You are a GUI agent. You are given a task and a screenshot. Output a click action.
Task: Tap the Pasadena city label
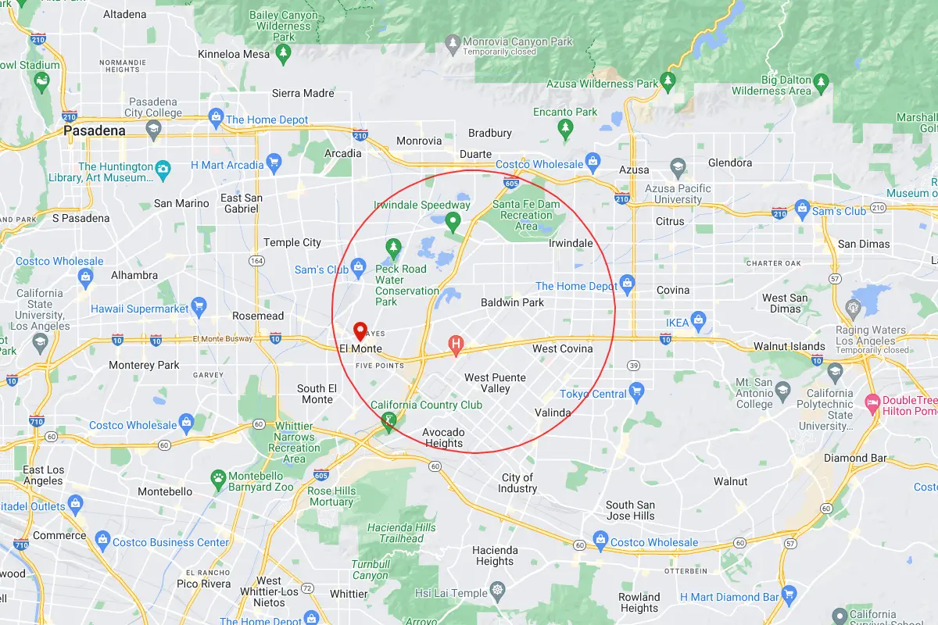95,130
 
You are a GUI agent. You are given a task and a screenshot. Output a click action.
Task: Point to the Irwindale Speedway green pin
452,222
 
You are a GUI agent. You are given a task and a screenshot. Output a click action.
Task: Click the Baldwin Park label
512,302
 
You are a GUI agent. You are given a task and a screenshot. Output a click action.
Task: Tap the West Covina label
562,348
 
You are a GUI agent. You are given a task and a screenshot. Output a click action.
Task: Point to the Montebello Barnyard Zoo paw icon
218,477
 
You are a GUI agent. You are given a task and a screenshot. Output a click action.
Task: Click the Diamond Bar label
855,458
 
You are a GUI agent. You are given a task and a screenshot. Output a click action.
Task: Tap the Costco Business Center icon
102,539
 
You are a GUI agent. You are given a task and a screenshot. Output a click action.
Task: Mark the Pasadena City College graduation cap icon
153,128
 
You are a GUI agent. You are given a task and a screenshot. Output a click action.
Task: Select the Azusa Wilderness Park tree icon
668,80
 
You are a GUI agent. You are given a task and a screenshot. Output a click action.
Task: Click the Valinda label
553,412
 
